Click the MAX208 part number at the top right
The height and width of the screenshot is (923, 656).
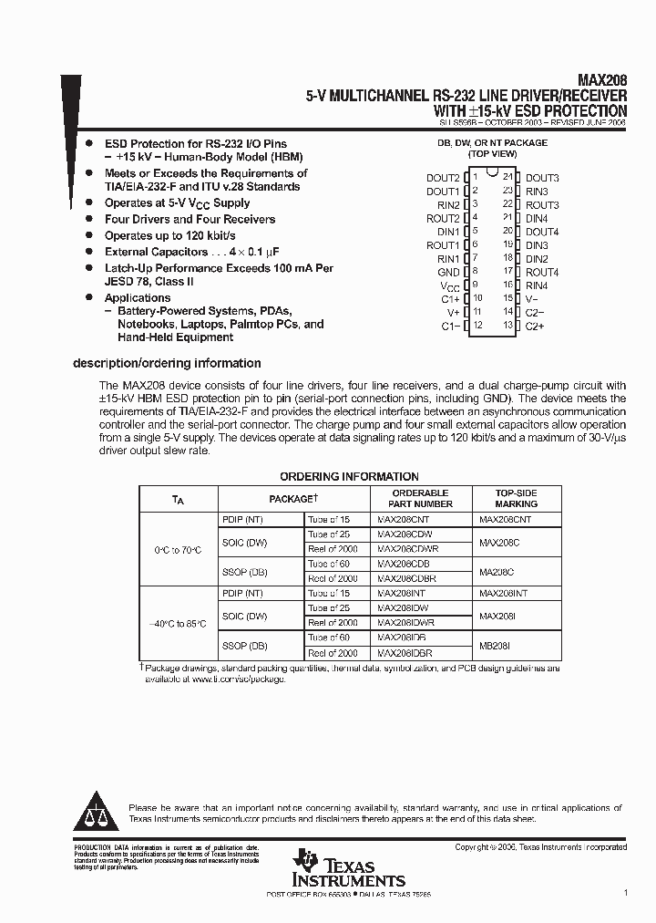pos(603,80)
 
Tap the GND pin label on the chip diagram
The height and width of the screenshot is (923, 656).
pos(448,272)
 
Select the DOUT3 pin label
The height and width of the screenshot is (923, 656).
pos(542,178)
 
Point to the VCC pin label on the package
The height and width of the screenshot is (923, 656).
pos(449,285)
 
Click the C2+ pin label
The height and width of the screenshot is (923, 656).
pos(535,326)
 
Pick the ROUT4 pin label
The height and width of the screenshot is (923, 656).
pos(542,272)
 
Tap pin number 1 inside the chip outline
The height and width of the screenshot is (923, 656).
pos(475,178)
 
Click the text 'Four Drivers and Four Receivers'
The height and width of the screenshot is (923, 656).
pos(190,219)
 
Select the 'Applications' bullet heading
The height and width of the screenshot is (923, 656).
pos(138,297)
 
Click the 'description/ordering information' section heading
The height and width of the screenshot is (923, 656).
pos(167,363)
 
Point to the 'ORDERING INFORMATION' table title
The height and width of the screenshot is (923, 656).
pos(349,476)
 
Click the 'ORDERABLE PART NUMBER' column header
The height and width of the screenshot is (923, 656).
pos(420,498)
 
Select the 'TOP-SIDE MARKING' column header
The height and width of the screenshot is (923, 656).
pos(516,498)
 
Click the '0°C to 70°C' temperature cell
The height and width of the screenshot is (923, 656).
pos(179,549)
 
